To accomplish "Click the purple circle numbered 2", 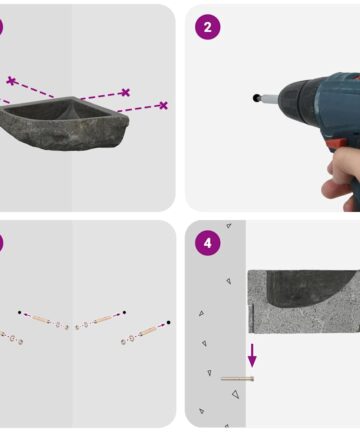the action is pyautogui.click(x=207, y=27).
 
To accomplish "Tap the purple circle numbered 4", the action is pyautogui.click(x=207, y=243).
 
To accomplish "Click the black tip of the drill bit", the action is pyautogui.click(x=256, y=98).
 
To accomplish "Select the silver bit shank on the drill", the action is pyautogui.click(x=269, y=99).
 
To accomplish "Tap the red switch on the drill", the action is pyautogui.click(x=336, y=145).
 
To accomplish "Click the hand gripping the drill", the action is pyautogui.click(x=342, y=177).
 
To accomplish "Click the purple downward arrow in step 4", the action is pyautogui.click(x=252, y=355).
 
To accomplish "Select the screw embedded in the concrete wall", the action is pyautogui.click(x=237, y=379).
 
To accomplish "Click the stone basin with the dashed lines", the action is pyautogui.click(x=64, y=123).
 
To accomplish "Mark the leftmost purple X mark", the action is pyautogui.click(x=11, y=81).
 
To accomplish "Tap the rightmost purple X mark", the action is pyautogui.click(x=163, y=105).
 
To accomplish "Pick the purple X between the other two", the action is pyautogui.click(x=125, y=92).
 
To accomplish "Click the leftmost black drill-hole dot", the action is pyautogui.click(x=20, y=312).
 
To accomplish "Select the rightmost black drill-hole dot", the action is pyautogui.click(x=168, y=322).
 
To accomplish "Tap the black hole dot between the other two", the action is pyautogui.click(x=124, y=312).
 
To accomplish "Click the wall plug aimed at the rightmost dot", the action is pyautogui.click(x=147, y=331).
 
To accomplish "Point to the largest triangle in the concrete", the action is pyautogui.click(x=236, y=394).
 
